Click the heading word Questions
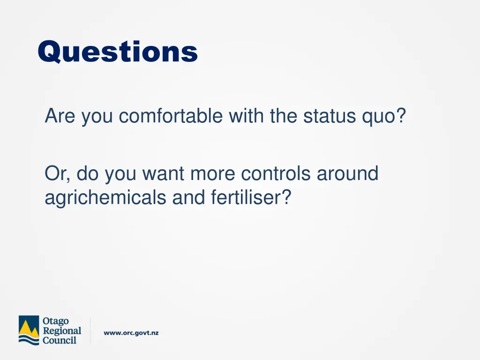coord(118,52)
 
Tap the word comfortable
coord(171,116)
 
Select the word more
coord(213,174)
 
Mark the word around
coord(347,174)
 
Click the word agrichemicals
coord(105,198)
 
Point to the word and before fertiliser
coord(189,198)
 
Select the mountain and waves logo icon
coord(29,330)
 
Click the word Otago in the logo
coord(55,321)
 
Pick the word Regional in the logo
coord(62,330)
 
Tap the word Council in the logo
coord(60,340)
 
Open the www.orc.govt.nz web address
coord(131,333)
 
